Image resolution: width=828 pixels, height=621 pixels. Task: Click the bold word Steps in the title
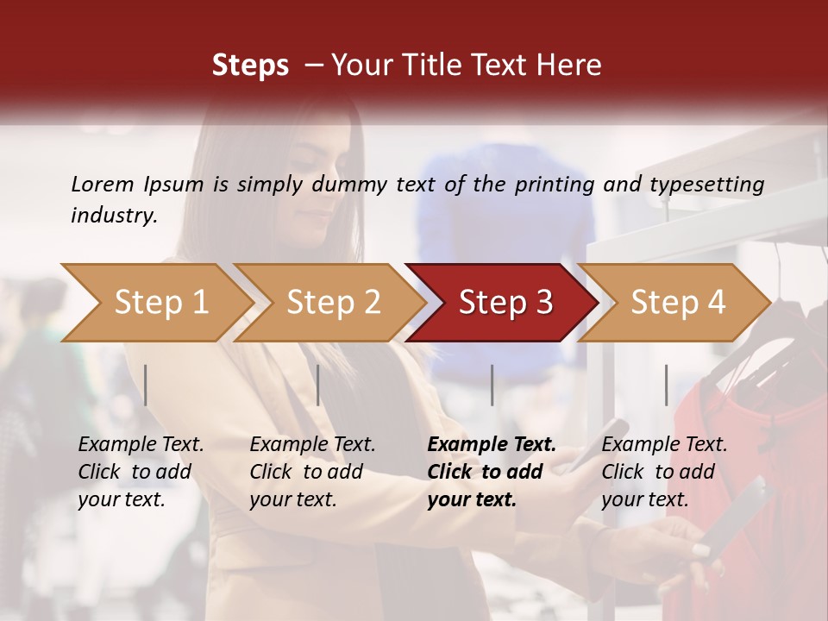pyautogui.click(x=250, y=66)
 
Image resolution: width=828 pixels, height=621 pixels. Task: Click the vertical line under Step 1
pyautogui.click(x=146, y=385)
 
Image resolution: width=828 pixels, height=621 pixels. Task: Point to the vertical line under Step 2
pyautogui.click(x=318, y=385)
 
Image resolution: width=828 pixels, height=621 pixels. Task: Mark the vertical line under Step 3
pyautogui.click(x=492, y=385)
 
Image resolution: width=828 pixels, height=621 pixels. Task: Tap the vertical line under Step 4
pyautogui.click(x=666, y=385)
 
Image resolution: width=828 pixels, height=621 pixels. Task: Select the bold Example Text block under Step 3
pyautogui.click(x=492, y=472)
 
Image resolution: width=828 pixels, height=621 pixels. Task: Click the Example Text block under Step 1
pyautogui.click(x=141, y=472)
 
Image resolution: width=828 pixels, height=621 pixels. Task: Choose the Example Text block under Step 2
pyautogui.click(x=312, y=472)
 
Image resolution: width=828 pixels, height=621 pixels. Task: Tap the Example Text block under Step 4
pyautogui.click(x=664, y=472)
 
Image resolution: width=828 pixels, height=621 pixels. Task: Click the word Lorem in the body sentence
pyautogui.click(x=102, y=184)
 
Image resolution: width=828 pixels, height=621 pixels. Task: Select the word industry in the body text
pyautogui.click(x=112, y=216)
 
